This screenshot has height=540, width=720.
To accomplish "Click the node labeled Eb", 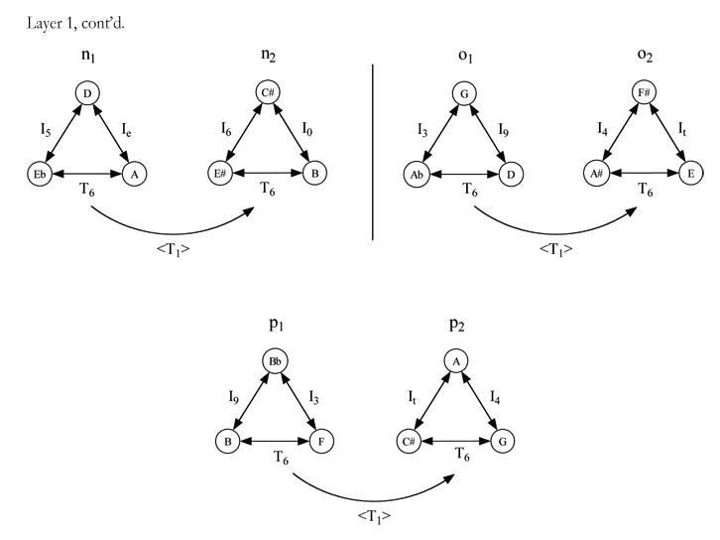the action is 40,174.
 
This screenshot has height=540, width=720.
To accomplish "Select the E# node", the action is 220,174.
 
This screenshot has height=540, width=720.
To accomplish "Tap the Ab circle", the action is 417,175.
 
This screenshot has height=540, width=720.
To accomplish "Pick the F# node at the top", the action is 644,93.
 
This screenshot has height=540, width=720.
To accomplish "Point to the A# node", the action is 596,174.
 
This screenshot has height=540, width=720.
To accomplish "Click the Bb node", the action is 275,361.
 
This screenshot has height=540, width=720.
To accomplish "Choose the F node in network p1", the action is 321,441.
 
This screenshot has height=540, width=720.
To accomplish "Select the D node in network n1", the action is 87,93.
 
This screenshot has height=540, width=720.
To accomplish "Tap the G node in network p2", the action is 503,441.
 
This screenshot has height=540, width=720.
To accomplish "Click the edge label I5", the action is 46,130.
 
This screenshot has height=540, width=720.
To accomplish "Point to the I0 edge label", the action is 307,129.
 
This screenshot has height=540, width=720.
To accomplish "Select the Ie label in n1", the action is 126,130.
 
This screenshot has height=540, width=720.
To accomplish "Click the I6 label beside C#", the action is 226,129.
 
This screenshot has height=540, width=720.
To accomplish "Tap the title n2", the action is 269,56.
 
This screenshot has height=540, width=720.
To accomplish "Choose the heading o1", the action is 465,56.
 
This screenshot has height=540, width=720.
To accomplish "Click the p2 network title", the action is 457,325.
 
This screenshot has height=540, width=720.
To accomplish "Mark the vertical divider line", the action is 373,152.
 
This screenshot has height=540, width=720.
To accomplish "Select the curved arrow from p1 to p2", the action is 373,500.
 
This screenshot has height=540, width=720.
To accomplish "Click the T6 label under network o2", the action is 646,190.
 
